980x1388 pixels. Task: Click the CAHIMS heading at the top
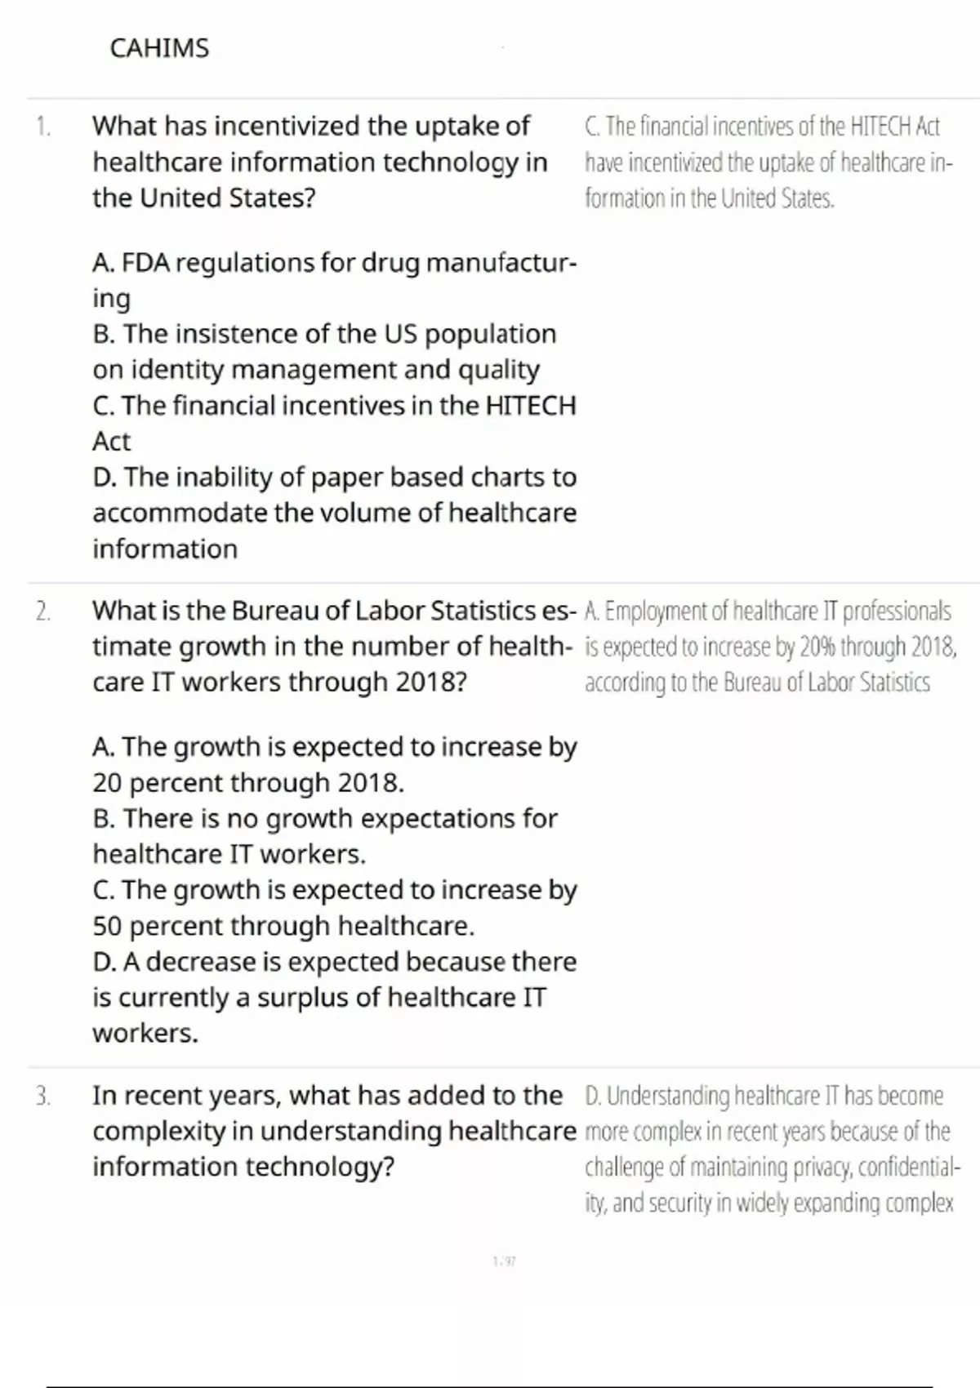pos(159,48)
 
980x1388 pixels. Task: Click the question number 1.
pos(43,127)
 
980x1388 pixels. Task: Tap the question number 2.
pos(43,611)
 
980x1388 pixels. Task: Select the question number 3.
pos(43,1096)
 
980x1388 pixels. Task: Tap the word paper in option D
pos(341,477)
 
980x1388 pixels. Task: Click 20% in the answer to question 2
pos(817,647)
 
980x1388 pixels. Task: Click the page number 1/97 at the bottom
pos(505,1261)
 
